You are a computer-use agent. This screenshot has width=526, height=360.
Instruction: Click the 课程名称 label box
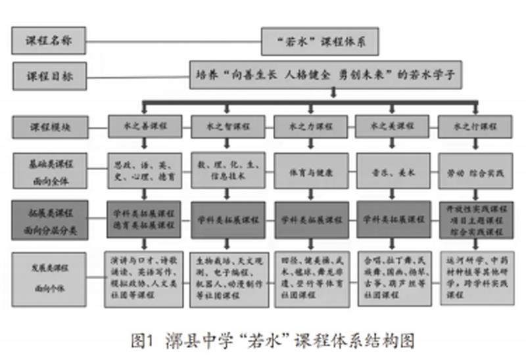coord(48,40)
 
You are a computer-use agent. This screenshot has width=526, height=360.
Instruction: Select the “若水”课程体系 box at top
coord(320,41)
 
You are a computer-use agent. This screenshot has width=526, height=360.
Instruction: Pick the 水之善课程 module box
coord(145,126)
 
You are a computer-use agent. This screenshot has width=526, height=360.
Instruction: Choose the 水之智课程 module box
coord(227,126)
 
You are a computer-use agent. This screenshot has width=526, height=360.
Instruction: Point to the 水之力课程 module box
coord(310,126)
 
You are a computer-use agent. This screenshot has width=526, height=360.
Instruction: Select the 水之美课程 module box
coord(392,126)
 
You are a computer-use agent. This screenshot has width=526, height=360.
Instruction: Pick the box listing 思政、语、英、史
coord(145,171)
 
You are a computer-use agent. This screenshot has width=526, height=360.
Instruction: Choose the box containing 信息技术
coord(227,171)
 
